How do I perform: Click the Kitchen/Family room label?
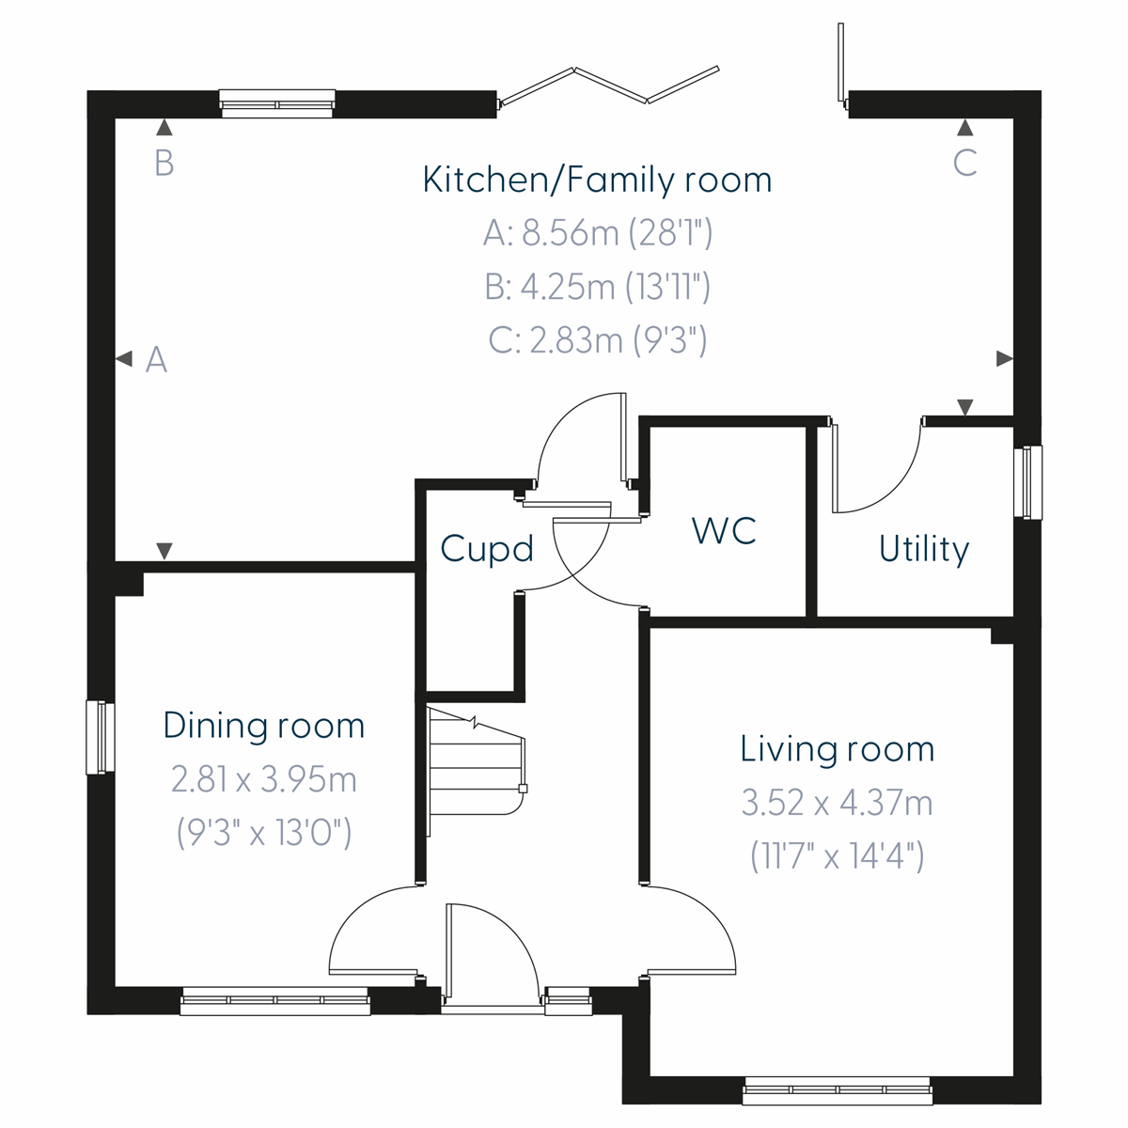(x=597, y=180)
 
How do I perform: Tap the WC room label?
(x=724, y=531)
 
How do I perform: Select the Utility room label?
(x=923, y=549)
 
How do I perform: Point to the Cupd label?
(x=487, y=549)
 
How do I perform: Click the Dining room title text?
(x=263, y=726)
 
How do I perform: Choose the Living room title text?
(x=837, y=749)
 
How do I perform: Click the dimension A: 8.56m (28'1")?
(x=597, y=233)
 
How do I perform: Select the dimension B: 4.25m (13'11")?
(x=597, y=287)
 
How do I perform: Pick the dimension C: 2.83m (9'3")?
(x=597, y=340)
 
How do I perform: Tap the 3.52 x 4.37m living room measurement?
(x=837, y=803)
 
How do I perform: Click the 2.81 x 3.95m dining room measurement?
(x=263, y=779)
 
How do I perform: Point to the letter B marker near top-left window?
(x=164, y=164)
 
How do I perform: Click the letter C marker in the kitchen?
(x=964, y=164)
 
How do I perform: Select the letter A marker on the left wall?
(x=156, y=360)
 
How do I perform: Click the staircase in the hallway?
(x=475, y=766)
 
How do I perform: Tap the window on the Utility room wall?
(x=1031, y=481)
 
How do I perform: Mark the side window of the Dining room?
(x=100, y=737)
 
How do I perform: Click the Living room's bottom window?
(x=837, y=1094)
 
